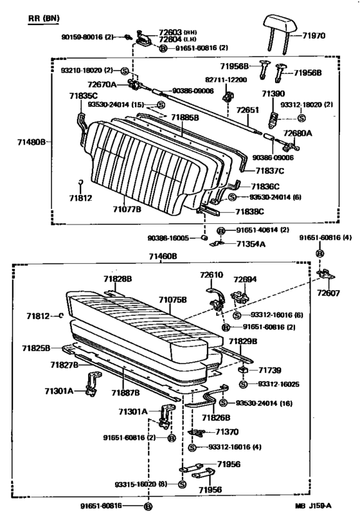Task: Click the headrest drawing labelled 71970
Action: [x=279, y=26]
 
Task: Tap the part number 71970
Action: [x=314, y=35]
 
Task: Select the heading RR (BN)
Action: [x=44, y=18]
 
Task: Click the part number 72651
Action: [x=248, y=110]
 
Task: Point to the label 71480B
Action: [x=32, y=142]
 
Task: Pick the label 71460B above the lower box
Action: [x=163, y=256]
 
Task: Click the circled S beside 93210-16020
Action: [x=125, y=71]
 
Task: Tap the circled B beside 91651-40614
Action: [x=221, y=231]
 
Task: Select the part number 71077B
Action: [x=127, y=209]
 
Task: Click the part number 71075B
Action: [x=172, y=300]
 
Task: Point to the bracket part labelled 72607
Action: [x=326, y=275]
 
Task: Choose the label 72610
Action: [x=212, y=275]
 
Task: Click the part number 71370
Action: [x=227, y=432]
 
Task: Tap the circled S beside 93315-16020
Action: [x=182, y=484]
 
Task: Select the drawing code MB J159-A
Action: [x=313, y=506]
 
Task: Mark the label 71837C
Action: [x=270, y=171]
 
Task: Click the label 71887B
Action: [x=125, y=393]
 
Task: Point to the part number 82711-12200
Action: [x=226, y=80]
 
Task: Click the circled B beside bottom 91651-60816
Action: [x=148, y=507]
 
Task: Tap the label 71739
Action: [x=270, y=370]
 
